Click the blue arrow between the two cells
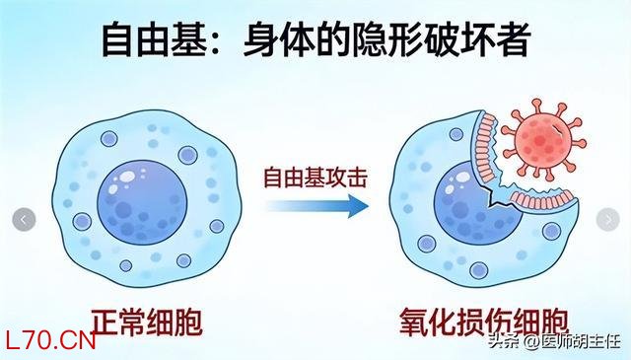point(317,206)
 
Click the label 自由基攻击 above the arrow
point(315,178)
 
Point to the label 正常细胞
point(147,323)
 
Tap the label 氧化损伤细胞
point(484,324)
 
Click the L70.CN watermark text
point(50,341)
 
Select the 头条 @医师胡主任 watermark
point(555,342)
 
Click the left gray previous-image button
point(24,220)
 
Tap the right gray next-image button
point(607,220)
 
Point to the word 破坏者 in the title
point(478,40)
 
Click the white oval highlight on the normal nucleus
point(128,177)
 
